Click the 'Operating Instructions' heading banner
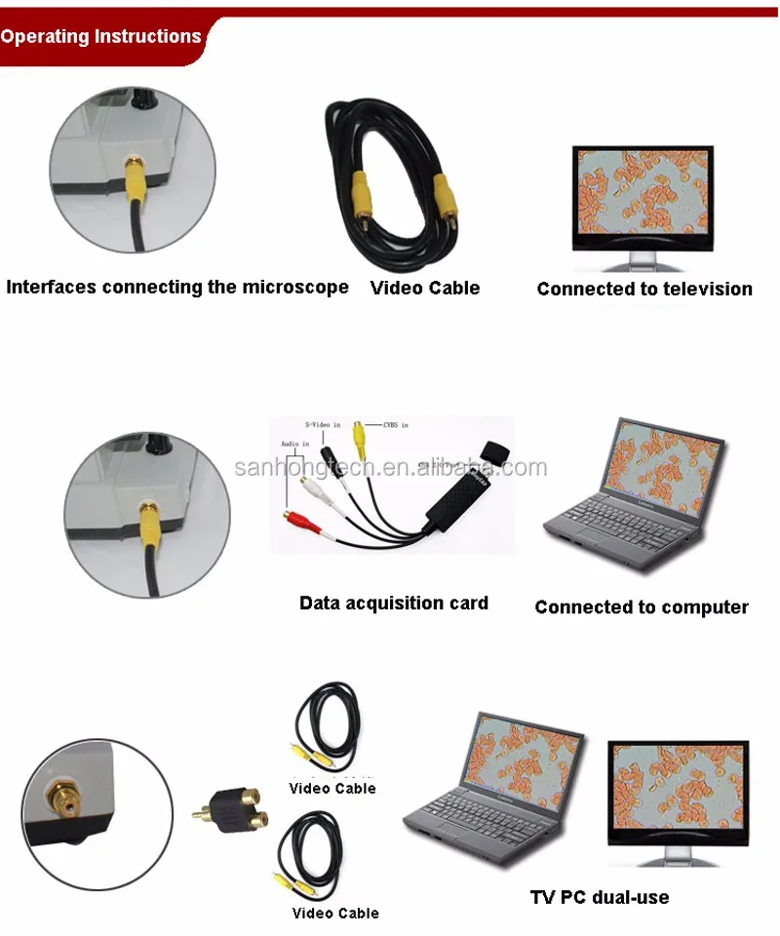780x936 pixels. coord(100,37)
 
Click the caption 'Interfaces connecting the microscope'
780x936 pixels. coord(177,287)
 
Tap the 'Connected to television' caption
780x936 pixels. coord(644,289)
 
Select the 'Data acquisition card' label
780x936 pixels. coord(393,603)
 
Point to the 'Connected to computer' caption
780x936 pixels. coord(641,606)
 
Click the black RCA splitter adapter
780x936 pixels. coord(230,804)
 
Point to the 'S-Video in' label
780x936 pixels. coord(323,424)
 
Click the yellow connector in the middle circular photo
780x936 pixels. coord(150,513)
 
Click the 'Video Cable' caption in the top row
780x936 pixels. coord(425,288)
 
